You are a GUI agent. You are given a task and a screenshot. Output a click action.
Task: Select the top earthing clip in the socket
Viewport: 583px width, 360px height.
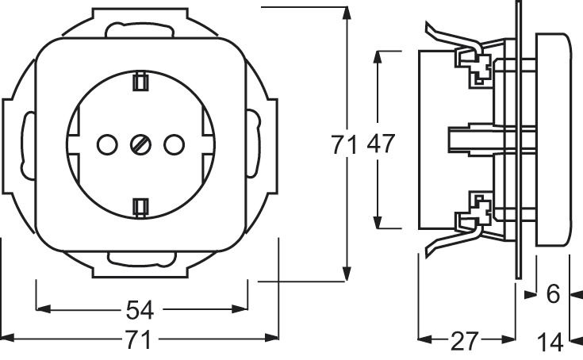coord(140,81)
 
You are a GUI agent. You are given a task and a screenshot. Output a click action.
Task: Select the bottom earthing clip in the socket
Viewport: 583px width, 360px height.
coord(140,206)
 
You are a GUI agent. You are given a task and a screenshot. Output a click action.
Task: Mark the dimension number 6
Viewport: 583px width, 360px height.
coord(554,294)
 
